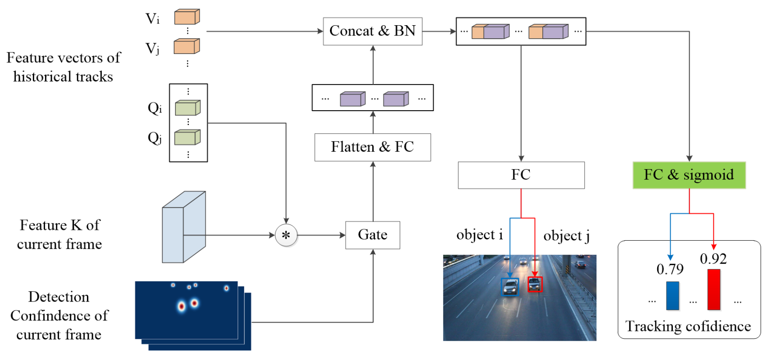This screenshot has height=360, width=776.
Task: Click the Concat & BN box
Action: pyautogui.click(x=372, y=31)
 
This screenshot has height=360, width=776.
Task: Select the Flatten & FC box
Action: pyautogui.click(x=372, y=147)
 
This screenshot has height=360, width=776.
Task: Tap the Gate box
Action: pyautogui.click(x=372, y=235)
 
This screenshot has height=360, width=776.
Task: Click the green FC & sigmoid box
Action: pyautogui.click(x=689, y=175)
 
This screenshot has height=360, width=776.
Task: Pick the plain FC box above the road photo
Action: pyautogui.click(x=521, y=175)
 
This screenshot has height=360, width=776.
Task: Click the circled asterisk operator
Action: pyautogui.click(x=286, y=235)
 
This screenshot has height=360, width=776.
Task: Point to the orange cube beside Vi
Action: pyautogui.click(x=187, y=17)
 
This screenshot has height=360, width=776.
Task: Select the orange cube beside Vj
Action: pyautogui.click(x=187, y=46)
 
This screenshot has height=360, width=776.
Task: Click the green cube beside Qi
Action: pyautogui.click(x=187, y=108)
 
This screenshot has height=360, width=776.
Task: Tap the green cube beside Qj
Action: pyautogui.click(x=187, y=137)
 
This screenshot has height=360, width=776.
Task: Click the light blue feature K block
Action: pyautogui.click(x=184, y=227)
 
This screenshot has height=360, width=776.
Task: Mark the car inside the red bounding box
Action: pyautogui.click(x=535, y=284)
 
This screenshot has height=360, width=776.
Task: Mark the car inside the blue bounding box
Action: pyautogui.click(x=510, y=287)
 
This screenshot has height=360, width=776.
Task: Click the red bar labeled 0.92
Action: pyautogui.click(x=713, y=289)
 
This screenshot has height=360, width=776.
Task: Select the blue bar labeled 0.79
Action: pyautogui.click(x=672, y=295)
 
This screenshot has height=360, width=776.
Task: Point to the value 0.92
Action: pyautogui.click(x=713, y=259)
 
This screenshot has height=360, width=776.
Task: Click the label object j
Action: pyautogui.click(x=566, y=236)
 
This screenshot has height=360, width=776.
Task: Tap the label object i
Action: pyautogui.click(x=479, y=235)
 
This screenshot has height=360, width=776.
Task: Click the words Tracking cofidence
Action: pyautogui.click(x=688, y=326)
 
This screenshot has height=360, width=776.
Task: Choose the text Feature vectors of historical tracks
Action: pyautogui.click(x=63, y=67)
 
